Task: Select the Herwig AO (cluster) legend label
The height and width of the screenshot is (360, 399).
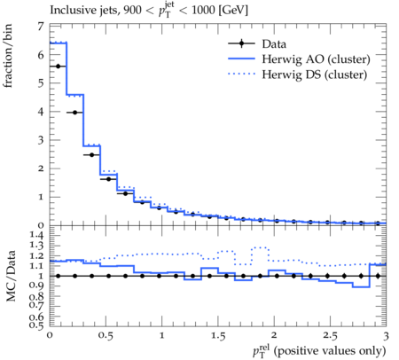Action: pyautogui.click(x=316, y=59)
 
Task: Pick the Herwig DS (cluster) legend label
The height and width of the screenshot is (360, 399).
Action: pyautogui.click(x=315, y=74)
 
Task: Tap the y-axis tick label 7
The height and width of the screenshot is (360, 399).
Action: pyautogui.click(x=41, y=27)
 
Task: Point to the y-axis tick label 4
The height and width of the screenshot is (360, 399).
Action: pyautogui.click(x=41, y=112)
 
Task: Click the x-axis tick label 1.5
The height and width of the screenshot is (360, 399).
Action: pyautogui.click(x=218, y=336)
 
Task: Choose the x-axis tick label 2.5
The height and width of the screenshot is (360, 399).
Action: pyautogui.click(x=330, y=336)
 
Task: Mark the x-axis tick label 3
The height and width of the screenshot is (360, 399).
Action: pyautogui.click(x=386, y=336)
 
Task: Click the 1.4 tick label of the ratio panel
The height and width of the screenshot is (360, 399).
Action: pyautogui.click(x=36, y=235)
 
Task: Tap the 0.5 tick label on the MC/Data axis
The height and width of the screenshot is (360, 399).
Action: pyautogui.click(x=36, y=325)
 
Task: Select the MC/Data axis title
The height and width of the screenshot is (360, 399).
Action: pyautogui.click(x=11, y=276)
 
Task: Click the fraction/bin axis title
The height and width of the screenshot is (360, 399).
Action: pyautogui.click(x=8, y=56)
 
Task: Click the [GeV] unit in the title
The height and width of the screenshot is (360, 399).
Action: pyautogui.click(x=233, y=11)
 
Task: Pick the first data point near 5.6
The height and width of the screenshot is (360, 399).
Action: pyautogui.click(x=58, y=67)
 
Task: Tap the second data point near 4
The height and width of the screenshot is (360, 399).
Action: pyautogui.click(x=74, y=113)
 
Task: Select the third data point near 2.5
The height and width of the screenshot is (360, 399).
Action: pyautogui.click(x=91, y=155)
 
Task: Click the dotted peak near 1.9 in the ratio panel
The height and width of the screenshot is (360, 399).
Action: pyautogui.click(x=260, y=247)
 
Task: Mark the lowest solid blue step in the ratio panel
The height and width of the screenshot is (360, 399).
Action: pyautogui.click(x=361, y=286)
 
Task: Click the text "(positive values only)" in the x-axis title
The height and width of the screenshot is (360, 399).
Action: pyautogui.click(x=330, y=351)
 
